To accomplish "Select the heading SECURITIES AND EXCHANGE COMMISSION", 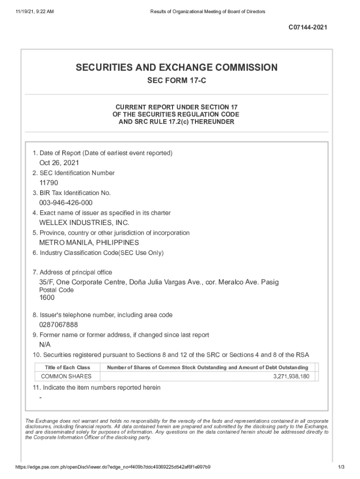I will pos(177,68).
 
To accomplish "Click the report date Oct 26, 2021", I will pos(59,163).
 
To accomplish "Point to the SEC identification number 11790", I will pos(49,183).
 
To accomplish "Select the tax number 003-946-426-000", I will pos(66,203).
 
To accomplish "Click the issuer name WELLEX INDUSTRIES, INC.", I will pos(84,223).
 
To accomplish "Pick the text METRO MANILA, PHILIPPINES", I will pos(89,243).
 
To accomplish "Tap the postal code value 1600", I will pos(47,298).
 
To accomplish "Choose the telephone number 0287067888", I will pos(58,325).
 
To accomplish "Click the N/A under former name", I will pos(45,344).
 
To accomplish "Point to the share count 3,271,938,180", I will pos(291,377).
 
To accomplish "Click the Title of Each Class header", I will pos(67,368).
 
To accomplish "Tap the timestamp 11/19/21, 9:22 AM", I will pos(31,11).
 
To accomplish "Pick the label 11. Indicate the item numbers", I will pos(96,388).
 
